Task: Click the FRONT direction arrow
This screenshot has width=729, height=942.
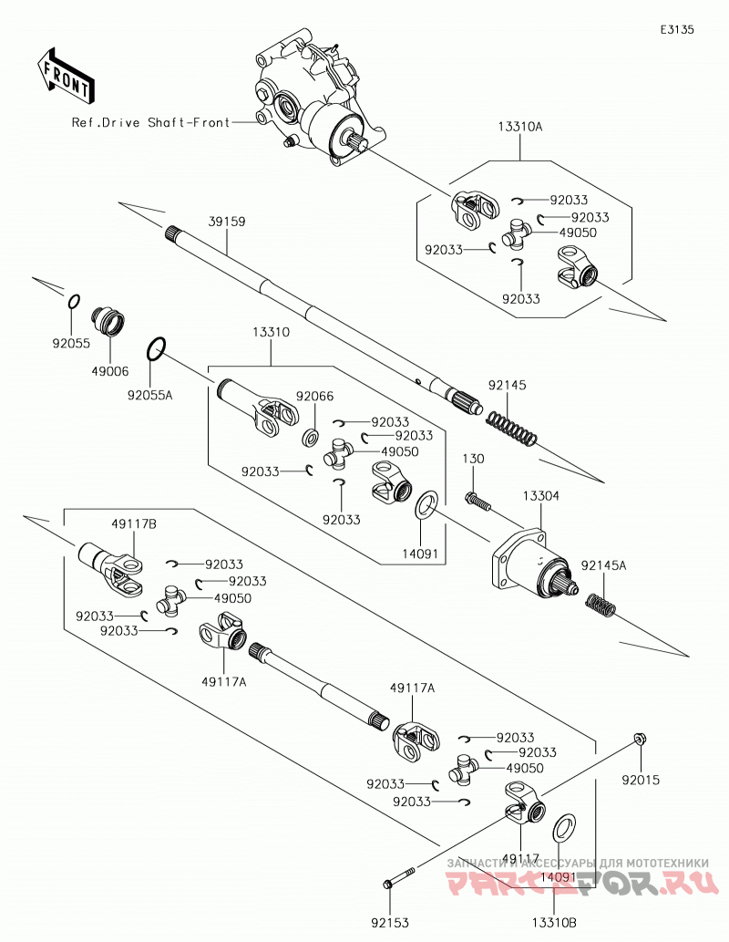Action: pyautogui.click(x=65, y=76)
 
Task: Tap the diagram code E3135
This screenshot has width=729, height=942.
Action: pyautogui.click(x=677, y=29)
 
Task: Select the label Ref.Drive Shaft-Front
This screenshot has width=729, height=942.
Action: pyautogui.click(x=150, y=122)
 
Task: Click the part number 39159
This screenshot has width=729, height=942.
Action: pyautogui.click(x=227, y=222)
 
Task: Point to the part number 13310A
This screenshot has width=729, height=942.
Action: pyautogui.click(x=520, y=127)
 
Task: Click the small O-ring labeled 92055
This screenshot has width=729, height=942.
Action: pyautogui.click(x=73, y=302)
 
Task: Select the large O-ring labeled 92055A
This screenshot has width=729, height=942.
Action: pyautogui.click(x=156, y=349)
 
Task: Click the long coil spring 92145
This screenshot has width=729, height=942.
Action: pyautogui.click(x=510, y=429)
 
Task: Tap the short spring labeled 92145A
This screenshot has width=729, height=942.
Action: pyautogui.click(x=601, y=605)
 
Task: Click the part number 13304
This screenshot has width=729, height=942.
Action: pyautogui.click(x=540, y=496)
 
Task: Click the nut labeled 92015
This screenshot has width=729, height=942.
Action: pyautogui.click(x=640, y=739)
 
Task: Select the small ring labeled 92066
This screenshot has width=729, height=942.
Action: pyautogui.click(x=310, y=438)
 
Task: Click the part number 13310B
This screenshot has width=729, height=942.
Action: pyautogui.click(x=554, y=922)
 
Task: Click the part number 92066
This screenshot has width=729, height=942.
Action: pyautogui.click(x=314, y=397)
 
